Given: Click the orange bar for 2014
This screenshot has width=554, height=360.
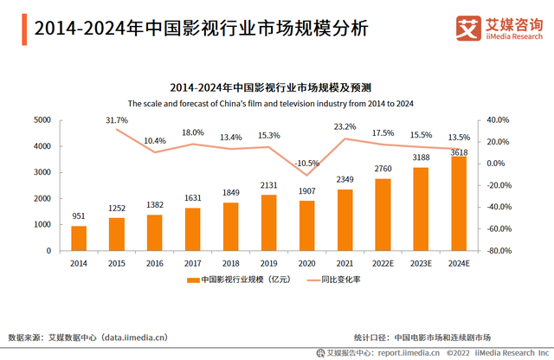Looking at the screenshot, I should pos(79,238).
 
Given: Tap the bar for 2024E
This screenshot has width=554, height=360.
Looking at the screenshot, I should pos(458,203).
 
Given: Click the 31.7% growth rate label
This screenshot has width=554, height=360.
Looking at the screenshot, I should pos(117,119).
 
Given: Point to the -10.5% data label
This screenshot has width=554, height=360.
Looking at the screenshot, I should pos(306,162).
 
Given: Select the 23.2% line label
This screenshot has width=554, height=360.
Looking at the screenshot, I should pos(345,126).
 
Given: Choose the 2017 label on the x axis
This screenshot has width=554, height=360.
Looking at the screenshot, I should pos(192,263).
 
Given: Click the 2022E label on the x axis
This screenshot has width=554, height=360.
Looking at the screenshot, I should pos(382,263).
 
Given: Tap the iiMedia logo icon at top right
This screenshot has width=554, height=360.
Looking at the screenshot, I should pos(468,28).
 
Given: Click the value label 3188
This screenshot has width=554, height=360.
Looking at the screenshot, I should pos(420,157).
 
